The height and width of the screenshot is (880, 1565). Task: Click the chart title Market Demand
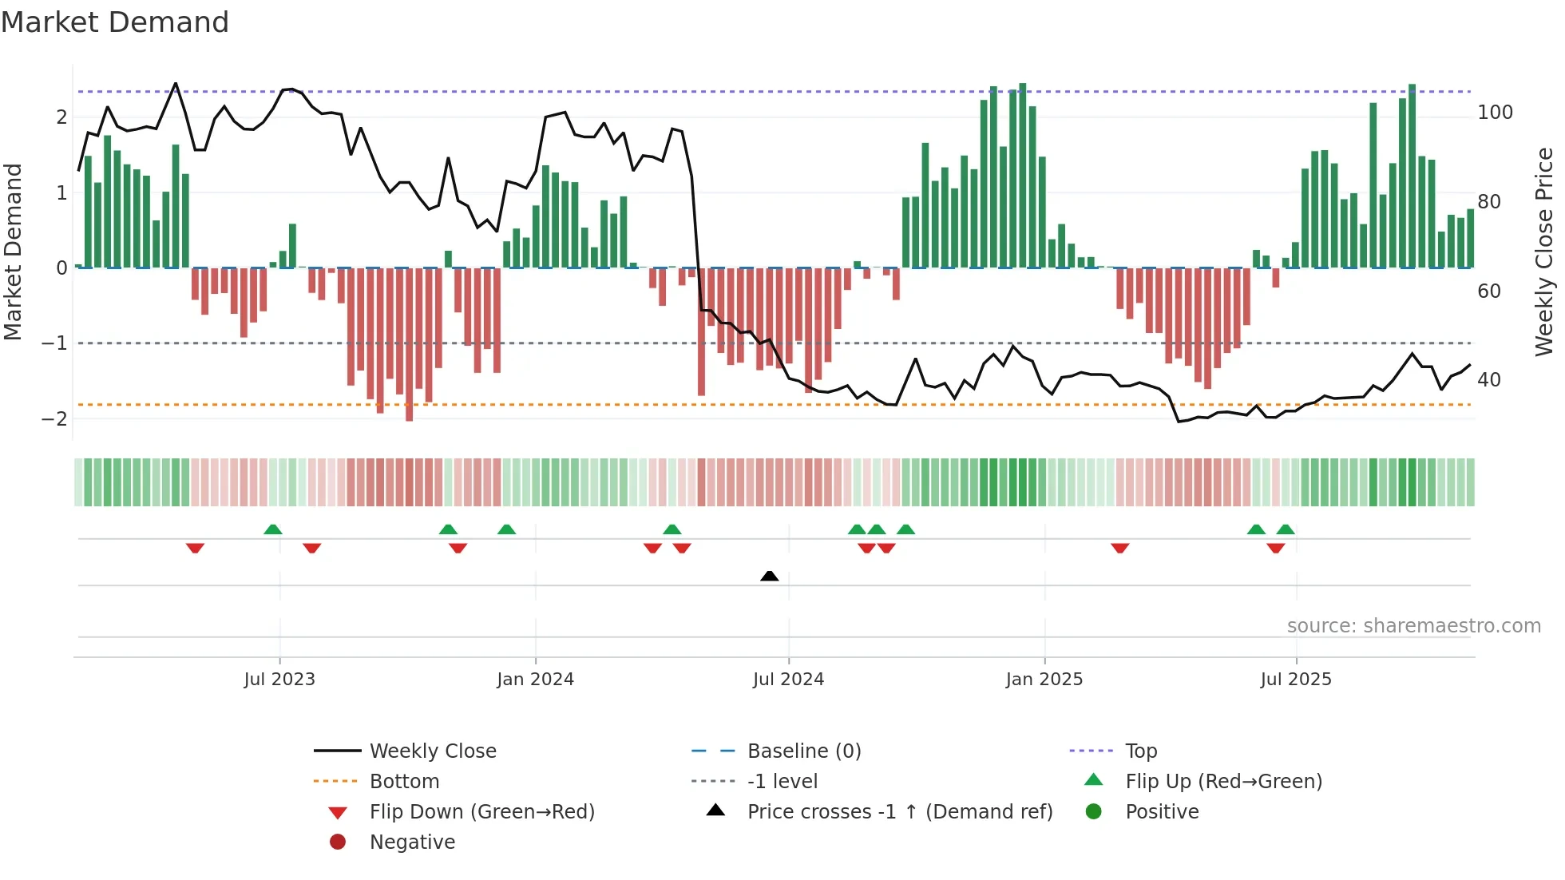pos(115,22)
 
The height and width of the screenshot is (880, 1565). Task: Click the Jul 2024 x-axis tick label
pos(788,680)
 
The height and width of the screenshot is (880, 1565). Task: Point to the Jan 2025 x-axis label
pos(1044,680)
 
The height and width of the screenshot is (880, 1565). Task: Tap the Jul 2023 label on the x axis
pos(279,680)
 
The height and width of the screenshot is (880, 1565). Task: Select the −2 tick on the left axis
pos(54,418)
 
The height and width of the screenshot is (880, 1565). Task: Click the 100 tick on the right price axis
pos(1495,113)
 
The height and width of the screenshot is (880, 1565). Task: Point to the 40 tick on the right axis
pos(1488,380)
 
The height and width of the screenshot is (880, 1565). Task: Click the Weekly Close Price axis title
pos(1544,252)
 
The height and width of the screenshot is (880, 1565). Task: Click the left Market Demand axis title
pos(13,252)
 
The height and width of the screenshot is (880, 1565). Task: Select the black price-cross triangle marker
pos(769,576)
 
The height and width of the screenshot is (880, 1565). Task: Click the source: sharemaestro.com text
pos(1413,626)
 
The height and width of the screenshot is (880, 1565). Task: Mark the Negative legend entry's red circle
pos(338,842)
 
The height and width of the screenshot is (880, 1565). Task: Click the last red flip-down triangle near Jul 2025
pos(1275,548)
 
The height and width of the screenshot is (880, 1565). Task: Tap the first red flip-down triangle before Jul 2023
pos(195,548)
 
